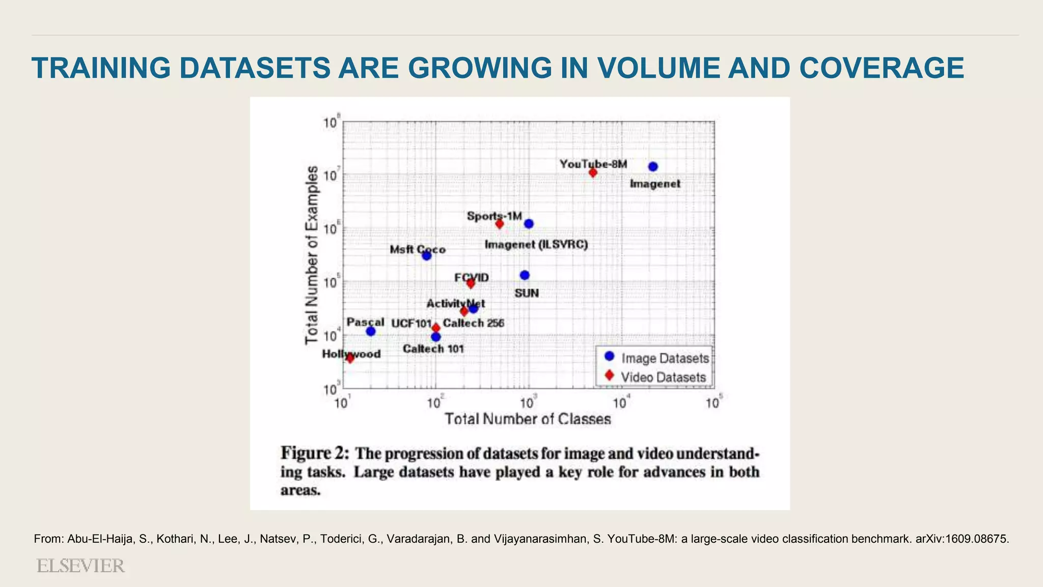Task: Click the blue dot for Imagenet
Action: tap(653, 167)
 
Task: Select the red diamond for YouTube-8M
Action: tap(593, 173)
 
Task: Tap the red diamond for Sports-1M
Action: tap(499, 224)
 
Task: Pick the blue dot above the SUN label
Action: tap(525, 275)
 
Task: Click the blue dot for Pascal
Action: tap(371, 331)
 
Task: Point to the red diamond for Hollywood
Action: tap(350, 358)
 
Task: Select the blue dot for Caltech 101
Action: tap(435, 337)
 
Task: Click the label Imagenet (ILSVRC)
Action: tap(536, 245)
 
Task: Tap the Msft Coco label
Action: tap(418, 250)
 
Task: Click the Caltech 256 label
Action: tap(473, 323)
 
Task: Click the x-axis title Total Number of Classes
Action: tap(528, 419)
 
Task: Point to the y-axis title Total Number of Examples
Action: tap(312, 255)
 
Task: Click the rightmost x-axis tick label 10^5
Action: tap(713, 403)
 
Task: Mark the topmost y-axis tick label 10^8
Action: tap(331, 123)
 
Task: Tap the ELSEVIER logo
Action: tap(80, 566)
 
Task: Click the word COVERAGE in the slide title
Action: tap(882, 68)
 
